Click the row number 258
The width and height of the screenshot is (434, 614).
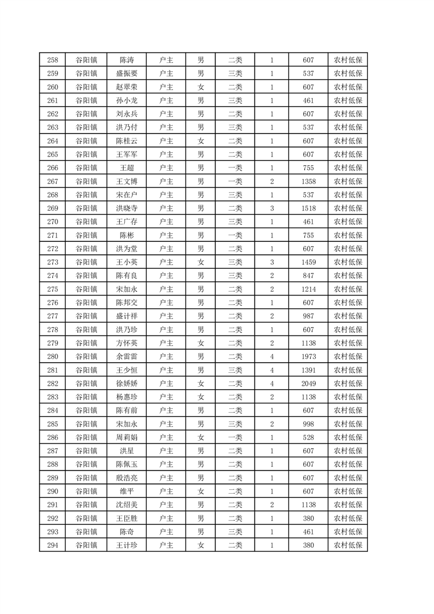point(53,60)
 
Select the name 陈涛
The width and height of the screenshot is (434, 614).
point(126,60)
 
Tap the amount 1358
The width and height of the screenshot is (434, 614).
point(308,181)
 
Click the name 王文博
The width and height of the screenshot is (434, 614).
point(126,181)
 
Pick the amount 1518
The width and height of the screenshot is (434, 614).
point(308,208)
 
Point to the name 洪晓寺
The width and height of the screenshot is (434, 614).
point(126,208)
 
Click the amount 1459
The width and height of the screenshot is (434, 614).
point(308,262)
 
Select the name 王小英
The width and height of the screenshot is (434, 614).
point(126,262)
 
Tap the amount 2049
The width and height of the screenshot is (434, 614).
point(308,383)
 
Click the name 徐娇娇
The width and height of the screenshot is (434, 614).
point(126,383)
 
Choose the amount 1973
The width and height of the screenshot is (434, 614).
point(308,356)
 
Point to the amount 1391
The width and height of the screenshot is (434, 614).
point(308,370)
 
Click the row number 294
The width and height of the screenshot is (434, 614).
point(53,545)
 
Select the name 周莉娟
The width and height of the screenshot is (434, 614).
point(126,437)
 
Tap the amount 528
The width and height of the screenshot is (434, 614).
point(308,437)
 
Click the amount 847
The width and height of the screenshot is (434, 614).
point(308,275)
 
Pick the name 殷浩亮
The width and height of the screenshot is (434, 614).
point(126,478)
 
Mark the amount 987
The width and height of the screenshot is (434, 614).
point(308,316)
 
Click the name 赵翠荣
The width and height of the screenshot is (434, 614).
point(126,87)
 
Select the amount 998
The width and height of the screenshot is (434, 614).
point(308,424)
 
